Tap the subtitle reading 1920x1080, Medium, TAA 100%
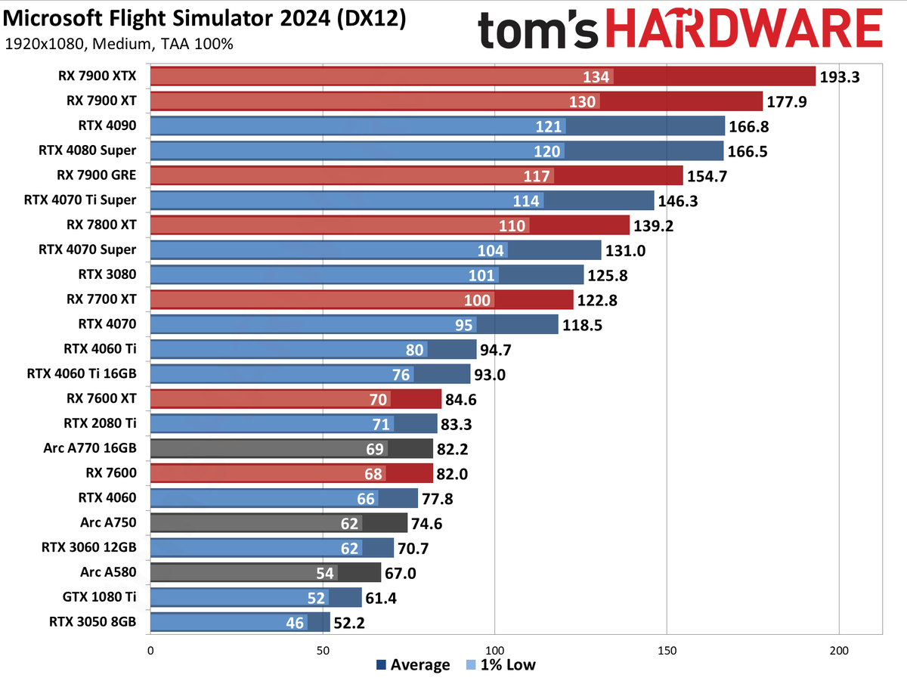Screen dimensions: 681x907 tap(119, 44)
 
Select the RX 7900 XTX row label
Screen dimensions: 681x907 tap(97, 76)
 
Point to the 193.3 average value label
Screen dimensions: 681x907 tap(840, 76)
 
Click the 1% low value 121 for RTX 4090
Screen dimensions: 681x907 tap(549, 126)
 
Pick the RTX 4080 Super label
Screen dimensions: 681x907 tap(87, 150)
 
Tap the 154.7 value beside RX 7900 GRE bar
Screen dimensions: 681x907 tap(707, 176)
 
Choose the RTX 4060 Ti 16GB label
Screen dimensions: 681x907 tap(82, 374)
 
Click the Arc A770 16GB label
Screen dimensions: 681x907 tap(90, 448)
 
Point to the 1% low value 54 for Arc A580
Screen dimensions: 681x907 tap(324, 573)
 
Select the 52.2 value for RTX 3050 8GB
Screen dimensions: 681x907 tap(351, 623)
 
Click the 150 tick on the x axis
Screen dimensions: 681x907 tap(667, 650)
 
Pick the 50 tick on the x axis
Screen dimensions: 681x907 tap(323, 650)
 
